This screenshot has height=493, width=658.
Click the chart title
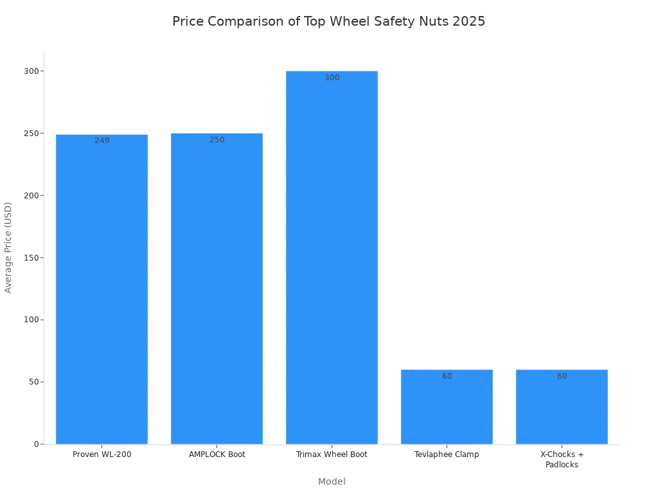coord(328,21)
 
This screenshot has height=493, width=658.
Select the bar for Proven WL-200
coord(102,289)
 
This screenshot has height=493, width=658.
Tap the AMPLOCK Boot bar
coord(217,289)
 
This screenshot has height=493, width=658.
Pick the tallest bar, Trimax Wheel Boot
coord(332,257)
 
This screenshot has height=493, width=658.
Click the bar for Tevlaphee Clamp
coord(447,407)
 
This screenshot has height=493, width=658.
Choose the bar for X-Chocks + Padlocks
coord(562,407)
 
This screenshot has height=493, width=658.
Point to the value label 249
coord(102,141)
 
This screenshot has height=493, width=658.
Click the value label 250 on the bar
coord(217,140)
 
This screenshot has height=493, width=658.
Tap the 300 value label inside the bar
coord(332,78)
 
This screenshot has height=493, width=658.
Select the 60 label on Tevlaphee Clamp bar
coord(447,376)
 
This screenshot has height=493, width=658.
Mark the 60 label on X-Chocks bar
coord(562,376)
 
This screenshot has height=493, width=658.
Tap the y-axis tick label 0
coord(37,444)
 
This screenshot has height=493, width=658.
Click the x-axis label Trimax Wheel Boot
coord(332,454)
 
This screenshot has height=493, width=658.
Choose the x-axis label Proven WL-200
coord(102,454)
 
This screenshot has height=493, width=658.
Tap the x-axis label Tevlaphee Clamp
coord(447,454)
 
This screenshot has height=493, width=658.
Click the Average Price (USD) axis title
coord(8,247)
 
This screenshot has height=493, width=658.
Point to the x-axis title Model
coord(332,481)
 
